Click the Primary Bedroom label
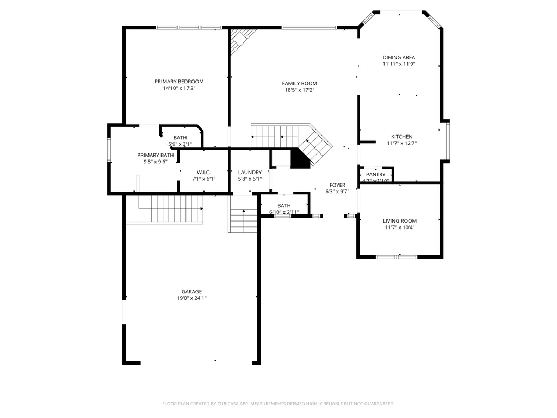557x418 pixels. pyautogui.click(x=179, y=81)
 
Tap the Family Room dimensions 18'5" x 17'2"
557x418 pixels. pyautogui.click(x=299, y=90)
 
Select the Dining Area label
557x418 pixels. pyautogui.click(x=399, y=57)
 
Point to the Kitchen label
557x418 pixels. pyautogui.click(x=401, y=137)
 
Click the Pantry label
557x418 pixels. pyautogui.click(x=375, y=174)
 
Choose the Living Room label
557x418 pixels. pyautogui.click(x=399, y=220)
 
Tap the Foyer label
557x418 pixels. pyautogui.click(x=337, y=185)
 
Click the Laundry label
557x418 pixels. pyautogui.click(x=250, y=172)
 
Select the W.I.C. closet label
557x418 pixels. pyautogui.click(x=203, y=172)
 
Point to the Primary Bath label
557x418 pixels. pyautogui.click(x=155, y=155)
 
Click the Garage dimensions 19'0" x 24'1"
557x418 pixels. pyautogui.click(x=191, y=298)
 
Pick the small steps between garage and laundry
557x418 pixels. pyautogui.click(x=243, y=220)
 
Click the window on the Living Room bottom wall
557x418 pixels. pyautogui.click(x=397, y=256)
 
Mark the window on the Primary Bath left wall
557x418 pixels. pyautogui.click(x=109, y=150)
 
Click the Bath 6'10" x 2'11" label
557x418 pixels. pyautogui.click(x=284, y=205)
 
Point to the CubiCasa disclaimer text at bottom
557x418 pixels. pyautogui.click(x=278, y=404)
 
